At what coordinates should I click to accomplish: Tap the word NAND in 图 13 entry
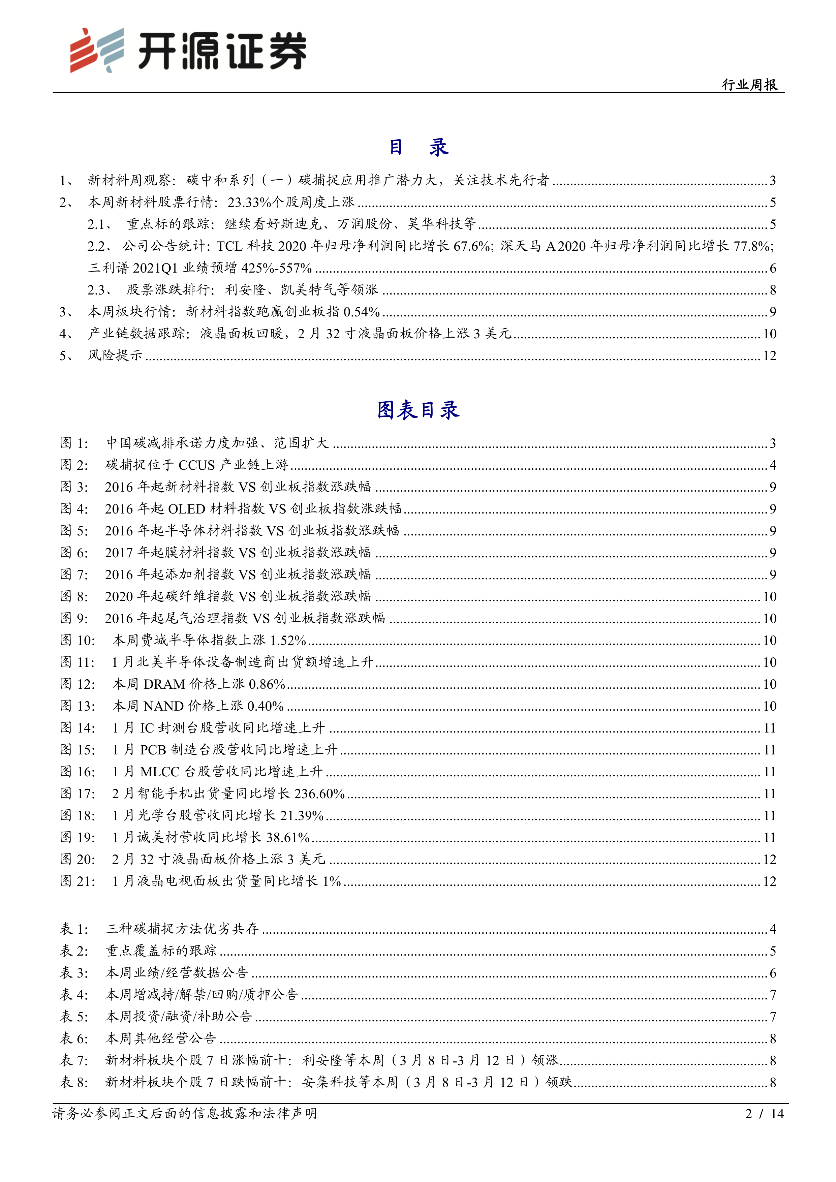(x=163, y=706)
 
